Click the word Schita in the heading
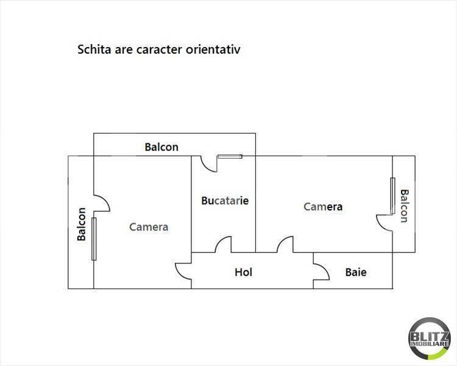click(94, 49)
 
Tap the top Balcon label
click(161, 147)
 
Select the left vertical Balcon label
click(81, 224)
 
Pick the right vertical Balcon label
click(405, 206)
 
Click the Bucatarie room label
click(225, 201)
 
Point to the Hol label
click(243, 272)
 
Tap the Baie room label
click(356, 272)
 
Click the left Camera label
click(149, 227)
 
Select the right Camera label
click(323, 207)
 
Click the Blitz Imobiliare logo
click(430, 339)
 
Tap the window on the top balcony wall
click(230, 156)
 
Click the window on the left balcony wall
click(94, 239)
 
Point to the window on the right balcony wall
click(392, 196)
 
